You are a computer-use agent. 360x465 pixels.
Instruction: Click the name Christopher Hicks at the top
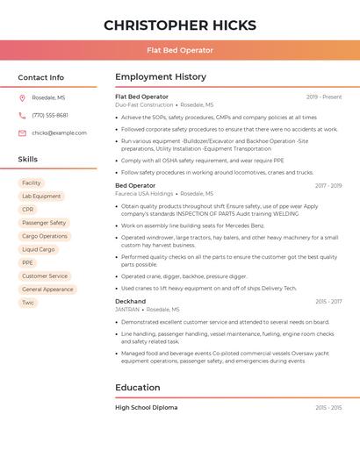click(x=180, y=25)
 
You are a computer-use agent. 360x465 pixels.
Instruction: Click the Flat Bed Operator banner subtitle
click(x=180, y=50)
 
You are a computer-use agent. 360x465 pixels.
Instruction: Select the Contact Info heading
click(x=41, y=77)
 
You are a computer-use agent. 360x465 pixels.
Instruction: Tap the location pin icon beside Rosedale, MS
click(x=22, y=98)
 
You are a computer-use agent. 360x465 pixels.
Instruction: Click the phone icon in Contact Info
click(x=22, y=115)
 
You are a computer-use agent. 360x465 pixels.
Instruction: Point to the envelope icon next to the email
click(x=22, y=132)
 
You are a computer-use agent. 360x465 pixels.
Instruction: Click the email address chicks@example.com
click(x=59, y=132)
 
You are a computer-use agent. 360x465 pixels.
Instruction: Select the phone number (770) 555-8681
click(x=50, y=115)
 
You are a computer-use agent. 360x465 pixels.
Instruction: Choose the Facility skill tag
click(x=32, y=182)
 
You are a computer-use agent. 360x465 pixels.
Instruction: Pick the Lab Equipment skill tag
click(x=41, y=197)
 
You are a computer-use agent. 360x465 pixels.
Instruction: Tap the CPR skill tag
click(x=28, y=210)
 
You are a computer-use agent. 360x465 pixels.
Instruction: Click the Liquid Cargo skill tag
click(x=39, y=249)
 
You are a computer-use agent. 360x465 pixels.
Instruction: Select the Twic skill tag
click(x=28, y=303)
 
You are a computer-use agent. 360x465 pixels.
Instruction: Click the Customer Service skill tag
click(x=45, y=275)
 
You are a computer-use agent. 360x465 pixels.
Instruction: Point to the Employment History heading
click(x=161, y=77)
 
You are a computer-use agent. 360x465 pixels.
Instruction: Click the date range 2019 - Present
click(x=324, y=97)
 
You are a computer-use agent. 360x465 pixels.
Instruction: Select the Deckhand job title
click(x=131, y=301)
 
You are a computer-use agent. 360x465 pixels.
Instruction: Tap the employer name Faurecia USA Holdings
click(x=144, y=194)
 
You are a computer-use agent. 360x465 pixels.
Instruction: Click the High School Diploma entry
click(x=146, y=407)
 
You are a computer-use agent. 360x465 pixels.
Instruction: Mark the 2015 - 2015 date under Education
click(x=328, y=408)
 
